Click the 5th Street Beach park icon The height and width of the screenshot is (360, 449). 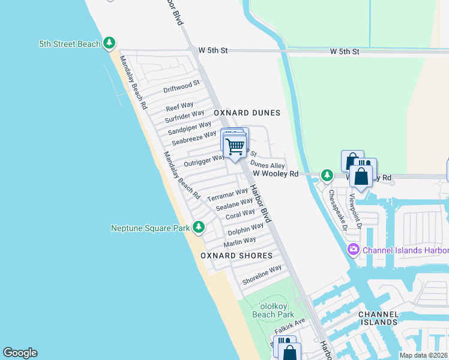point(109,43)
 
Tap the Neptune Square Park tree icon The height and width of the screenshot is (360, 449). point(199,227)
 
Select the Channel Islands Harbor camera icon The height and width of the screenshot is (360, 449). point(353,250)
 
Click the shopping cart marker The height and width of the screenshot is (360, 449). point(235,146)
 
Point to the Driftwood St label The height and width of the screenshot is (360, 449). point(181,87)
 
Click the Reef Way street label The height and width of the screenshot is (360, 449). point(179,107)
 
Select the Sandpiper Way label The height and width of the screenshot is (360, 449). point(189,128)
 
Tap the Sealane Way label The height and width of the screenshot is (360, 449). point(235,205)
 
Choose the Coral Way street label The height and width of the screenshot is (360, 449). point(240,214)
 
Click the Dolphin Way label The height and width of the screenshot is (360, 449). point(246,229)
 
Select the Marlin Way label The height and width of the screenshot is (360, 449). point(240,242)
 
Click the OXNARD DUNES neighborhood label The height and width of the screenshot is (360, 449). point(247,113)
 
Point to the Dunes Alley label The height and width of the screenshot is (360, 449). point(267,164)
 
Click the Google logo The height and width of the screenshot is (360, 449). point(20,353)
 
